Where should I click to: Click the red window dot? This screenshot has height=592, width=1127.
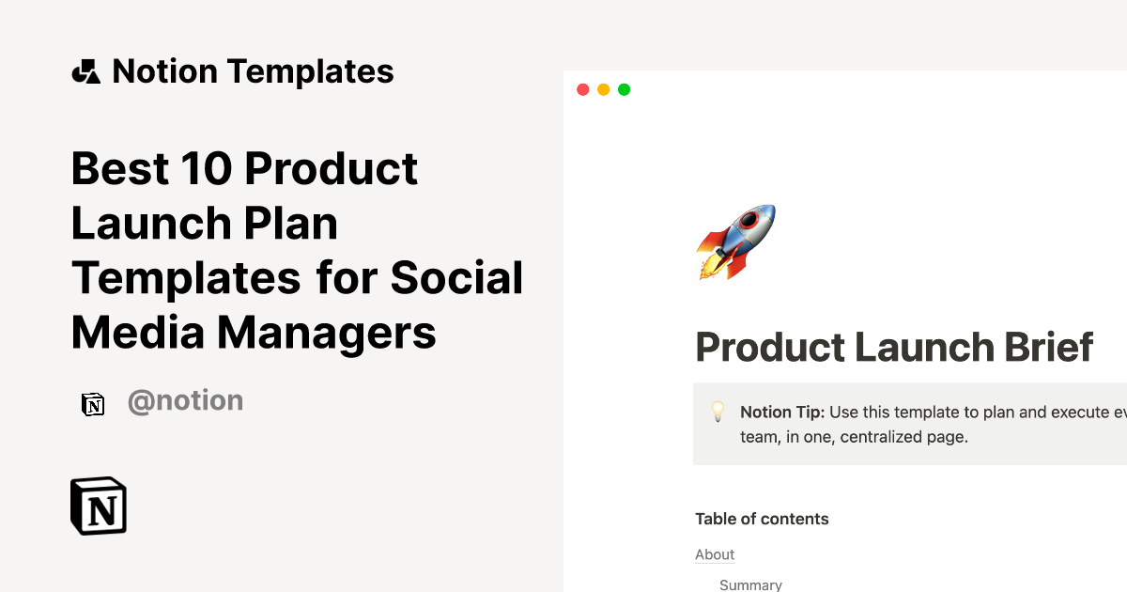coord(582,89)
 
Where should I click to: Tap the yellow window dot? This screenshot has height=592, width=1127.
coord(603,89)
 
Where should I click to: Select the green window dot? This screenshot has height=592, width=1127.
coord(624,89)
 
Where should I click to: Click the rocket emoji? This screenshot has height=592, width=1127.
coord(736,241)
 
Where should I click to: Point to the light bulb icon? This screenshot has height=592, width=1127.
coord(718,412)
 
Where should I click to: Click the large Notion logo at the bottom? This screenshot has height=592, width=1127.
coord(99,506)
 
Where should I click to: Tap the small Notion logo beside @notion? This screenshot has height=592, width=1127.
coord(93,404)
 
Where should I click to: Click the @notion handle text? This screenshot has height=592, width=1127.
coord(186,401)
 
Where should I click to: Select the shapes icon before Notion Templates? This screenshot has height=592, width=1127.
coord(86,71)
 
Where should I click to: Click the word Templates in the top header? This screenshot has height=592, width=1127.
coord(311,71)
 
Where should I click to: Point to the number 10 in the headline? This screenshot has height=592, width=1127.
coord(207,168)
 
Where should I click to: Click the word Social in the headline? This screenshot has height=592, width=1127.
coord(456,277)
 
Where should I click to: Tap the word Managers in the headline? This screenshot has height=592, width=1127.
coord(327,334)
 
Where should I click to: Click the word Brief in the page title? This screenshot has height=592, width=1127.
coord(1049,347)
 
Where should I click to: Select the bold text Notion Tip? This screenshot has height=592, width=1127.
coord(782,413)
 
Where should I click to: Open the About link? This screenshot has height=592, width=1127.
coord(715,554)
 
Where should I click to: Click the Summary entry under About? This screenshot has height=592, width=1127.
coord(750,584)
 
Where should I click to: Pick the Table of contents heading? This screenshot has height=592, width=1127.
coord(762,519)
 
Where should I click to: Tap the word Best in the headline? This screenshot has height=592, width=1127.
coord(120,168)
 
